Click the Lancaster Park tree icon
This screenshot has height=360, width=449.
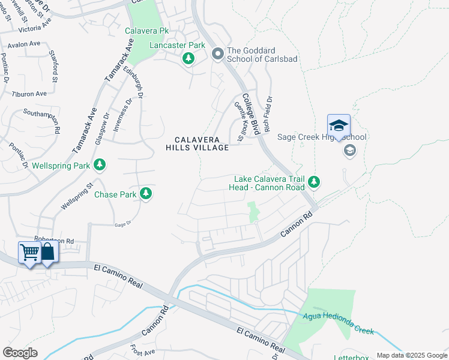pyautogui.click(x=188, y=58)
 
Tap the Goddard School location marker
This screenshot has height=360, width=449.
pyautogui.click(x=217, y=54)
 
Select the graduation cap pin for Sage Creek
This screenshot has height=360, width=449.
pyautogui.click(x=339, y=126)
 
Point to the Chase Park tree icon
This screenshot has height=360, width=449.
pyautogui.click(x=145, y=194)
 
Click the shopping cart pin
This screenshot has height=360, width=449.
pyautogui.click(x=29, y=252)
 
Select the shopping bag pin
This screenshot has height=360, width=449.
pyautogui.click(x=47, y=252)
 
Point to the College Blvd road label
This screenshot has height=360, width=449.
pyautogui.click(x=250, y=113)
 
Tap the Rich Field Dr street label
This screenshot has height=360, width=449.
pyautogui.click(x=268, y=115)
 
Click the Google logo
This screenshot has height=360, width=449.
pyautogui.click(x=20, y=353)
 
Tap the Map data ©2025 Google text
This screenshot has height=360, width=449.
pyautogui.click(x=412, y=355)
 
